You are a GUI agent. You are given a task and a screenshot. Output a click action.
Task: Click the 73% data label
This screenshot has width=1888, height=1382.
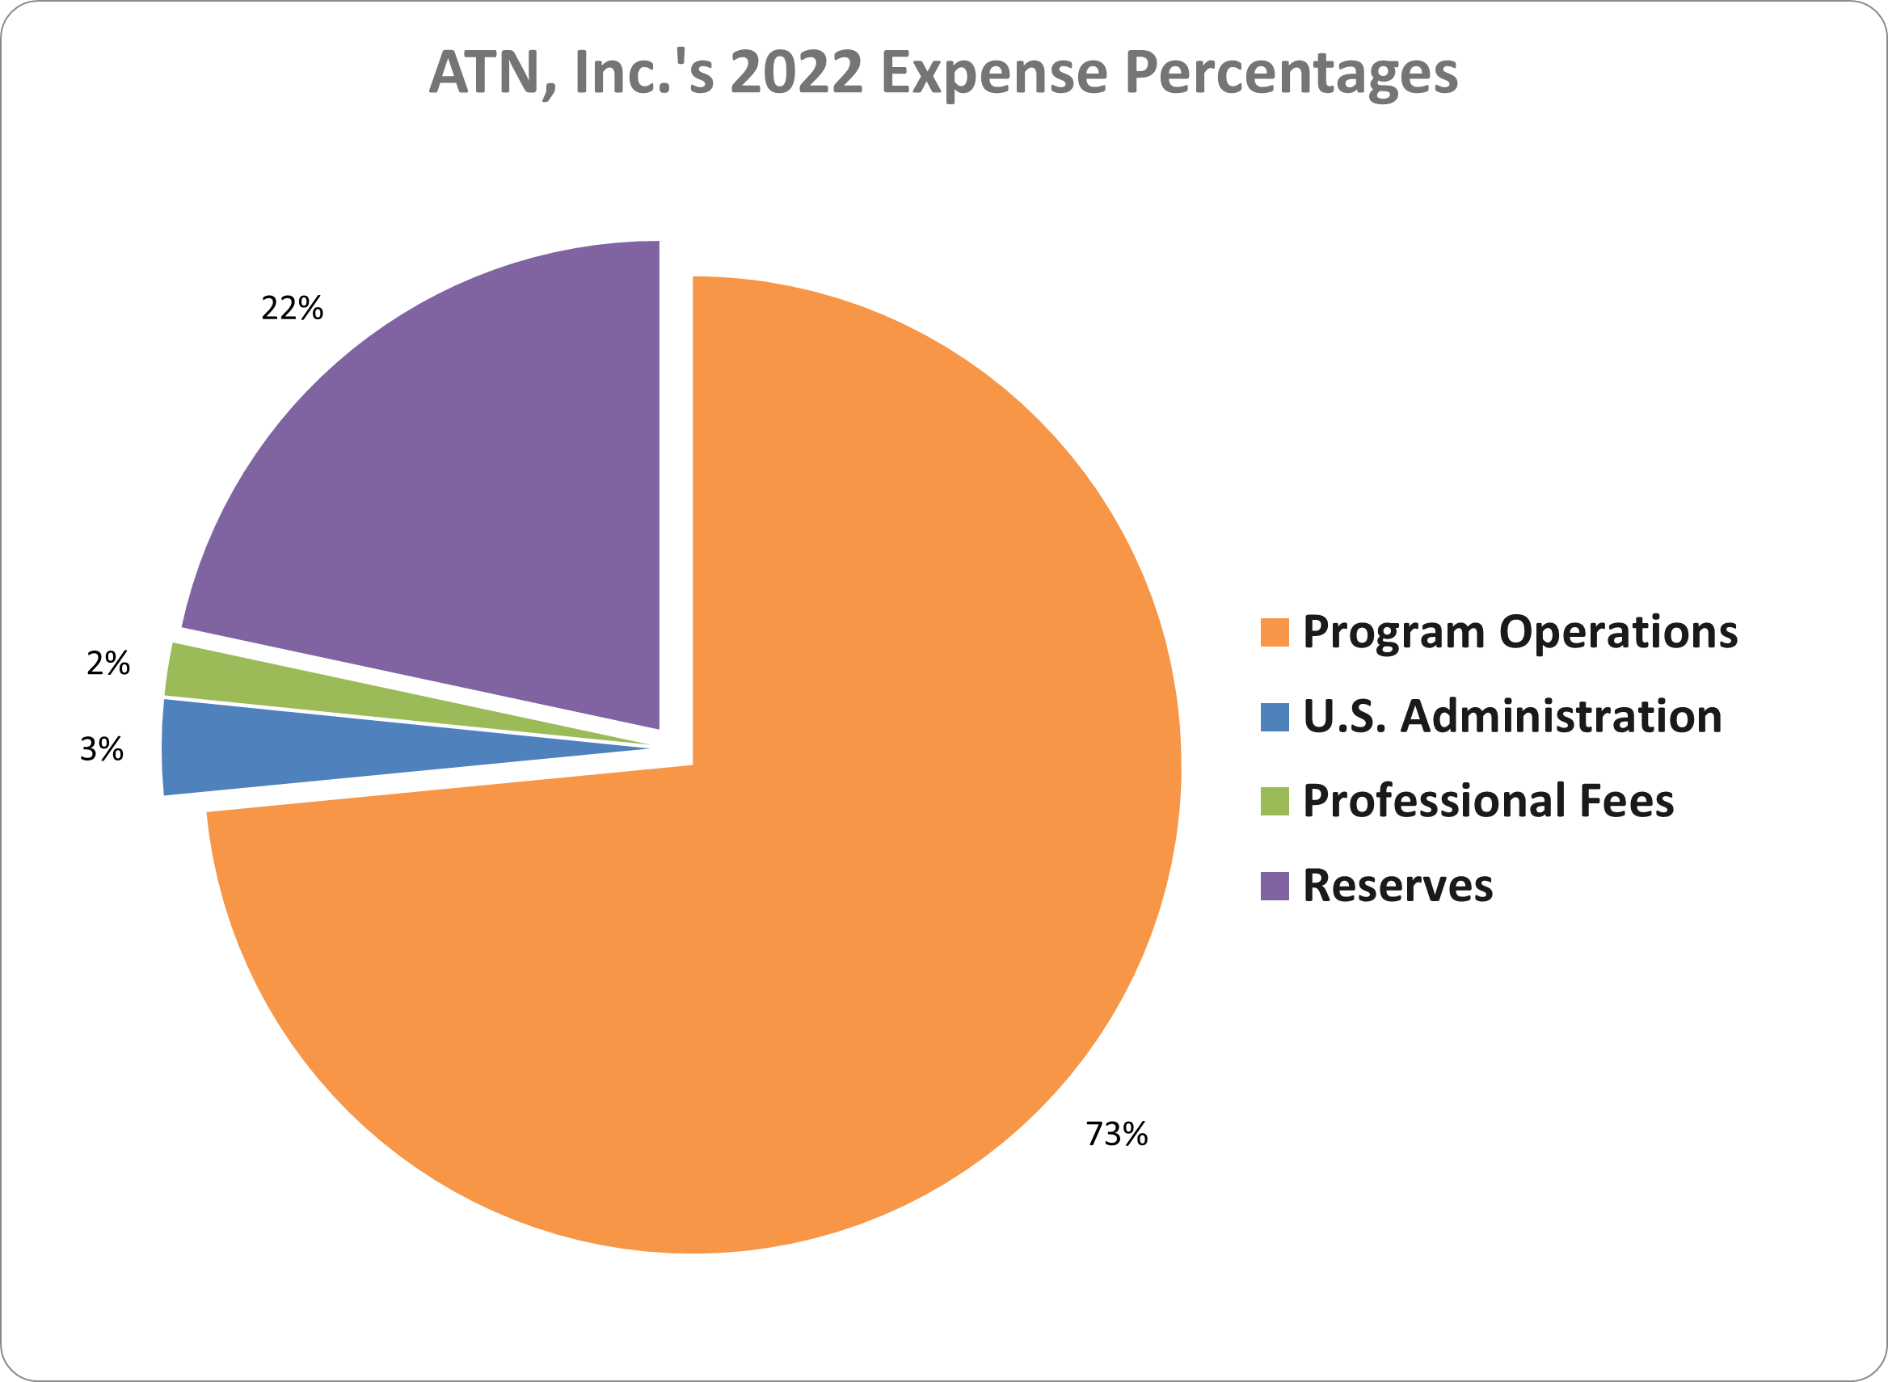tap(1116, 1135)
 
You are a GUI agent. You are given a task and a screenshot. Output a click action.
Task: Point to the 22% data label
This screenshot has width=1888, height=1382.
tap(292, 309)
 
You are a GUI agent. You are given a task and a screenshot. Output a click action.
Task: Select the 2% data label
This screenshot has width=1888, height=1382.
tap(109, 664)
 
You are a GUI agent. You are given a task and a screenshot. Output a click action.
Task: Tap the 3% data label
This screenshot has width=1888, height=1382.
tap(102, 748)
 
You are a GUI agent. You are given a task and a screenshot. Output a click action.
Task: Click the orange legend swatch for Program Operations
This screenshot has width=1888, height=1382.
tap(1274, 633)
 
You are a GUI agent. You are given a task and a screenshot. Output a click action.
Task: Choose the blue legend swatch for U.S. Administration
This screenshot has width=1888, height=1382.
tap(1274, 717)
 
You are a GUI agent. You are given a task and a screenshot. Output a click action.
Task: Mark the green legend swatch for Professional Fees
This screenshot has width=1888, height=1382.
tap(1274, 802)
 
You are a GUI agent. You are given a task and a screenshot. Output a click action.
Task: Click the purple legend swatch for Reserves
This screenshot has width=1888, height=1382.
tap(1274, 886)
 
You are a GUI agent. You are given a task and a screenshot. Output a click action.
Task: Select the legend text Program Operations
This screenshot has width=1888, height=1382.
tap(1520, 633)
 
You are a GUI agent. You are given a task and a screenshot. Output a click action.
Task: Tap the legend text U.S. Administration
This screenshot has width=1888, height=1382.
tap(1512, 717)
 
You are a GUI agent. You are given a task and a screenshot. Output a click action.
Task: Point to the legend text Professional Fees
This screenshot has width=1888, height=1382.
tap(1488, 802)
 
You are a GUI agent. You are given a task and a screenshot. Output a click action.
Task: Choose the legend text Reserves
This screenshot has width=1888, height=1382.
tap(1397, 886)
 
